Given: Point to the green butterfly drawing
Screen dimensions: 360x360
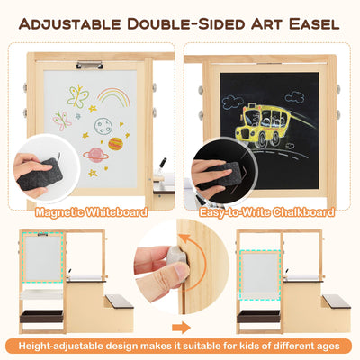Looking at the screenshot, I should point(77,94).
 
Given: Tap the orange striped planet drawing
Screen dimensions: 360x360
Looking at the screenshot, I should point(116,143).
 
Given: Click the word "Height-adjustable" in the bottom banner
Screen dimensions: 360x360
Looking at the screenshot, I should point(60,346).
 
